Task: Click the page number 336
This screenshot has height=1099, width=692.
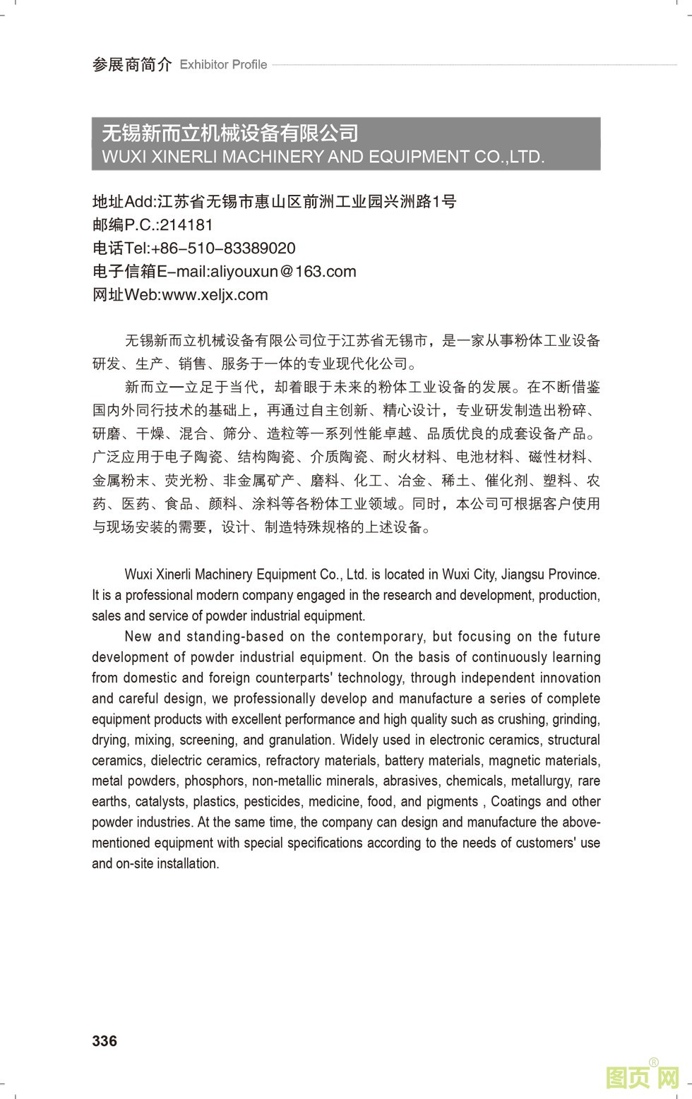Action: [105, 1040]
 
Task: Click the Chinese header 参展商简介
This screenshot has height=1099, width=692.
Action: [131, 65]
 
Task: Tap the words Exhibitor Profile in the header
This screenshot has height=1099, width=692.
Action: [223, 65]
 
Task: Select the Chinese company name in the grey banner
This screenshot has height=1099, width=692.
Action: [230, 133]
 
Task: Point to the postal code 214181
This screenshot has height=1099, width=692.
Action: [186, 225]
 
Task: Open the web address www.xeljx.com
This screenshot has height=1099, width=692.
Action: [215, 295]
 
